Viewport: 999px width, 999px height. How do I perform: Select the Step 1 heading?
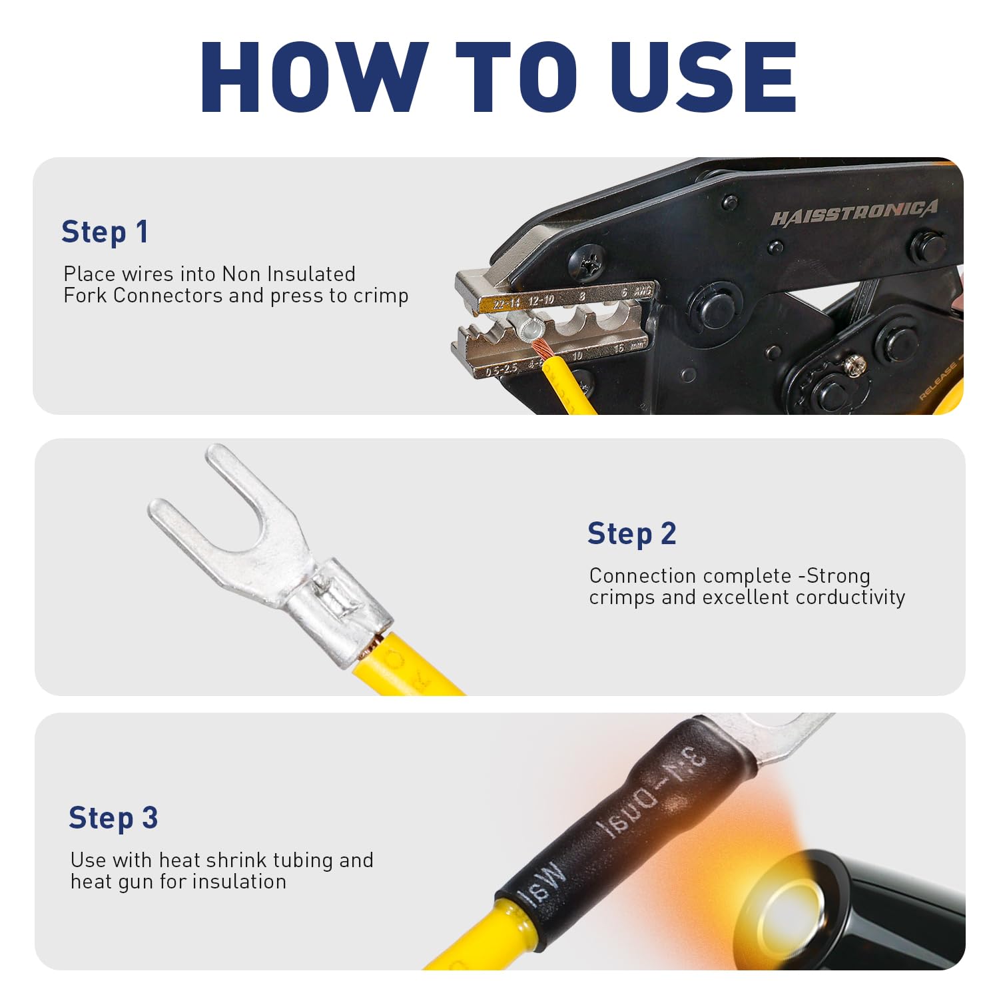pos(105,232)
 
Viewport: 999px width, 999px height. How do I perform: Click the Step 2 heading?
pos(631,534)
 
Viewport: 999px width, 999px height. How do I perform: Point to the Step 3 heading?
pos(113,819)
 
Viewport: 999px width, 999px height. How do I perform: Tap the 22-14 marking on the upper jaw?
pos(507,304)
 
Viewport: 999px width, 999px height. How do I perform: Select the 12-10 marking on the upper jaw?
pos(541,300)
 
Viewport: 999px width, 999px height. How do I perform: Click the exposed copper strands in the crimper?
pos(542,348)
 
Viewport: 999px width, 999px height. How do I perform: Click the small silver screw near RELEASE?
pos(855,364)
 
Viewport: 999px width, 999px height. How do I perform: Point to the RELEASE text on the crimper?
pos(938,382)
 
